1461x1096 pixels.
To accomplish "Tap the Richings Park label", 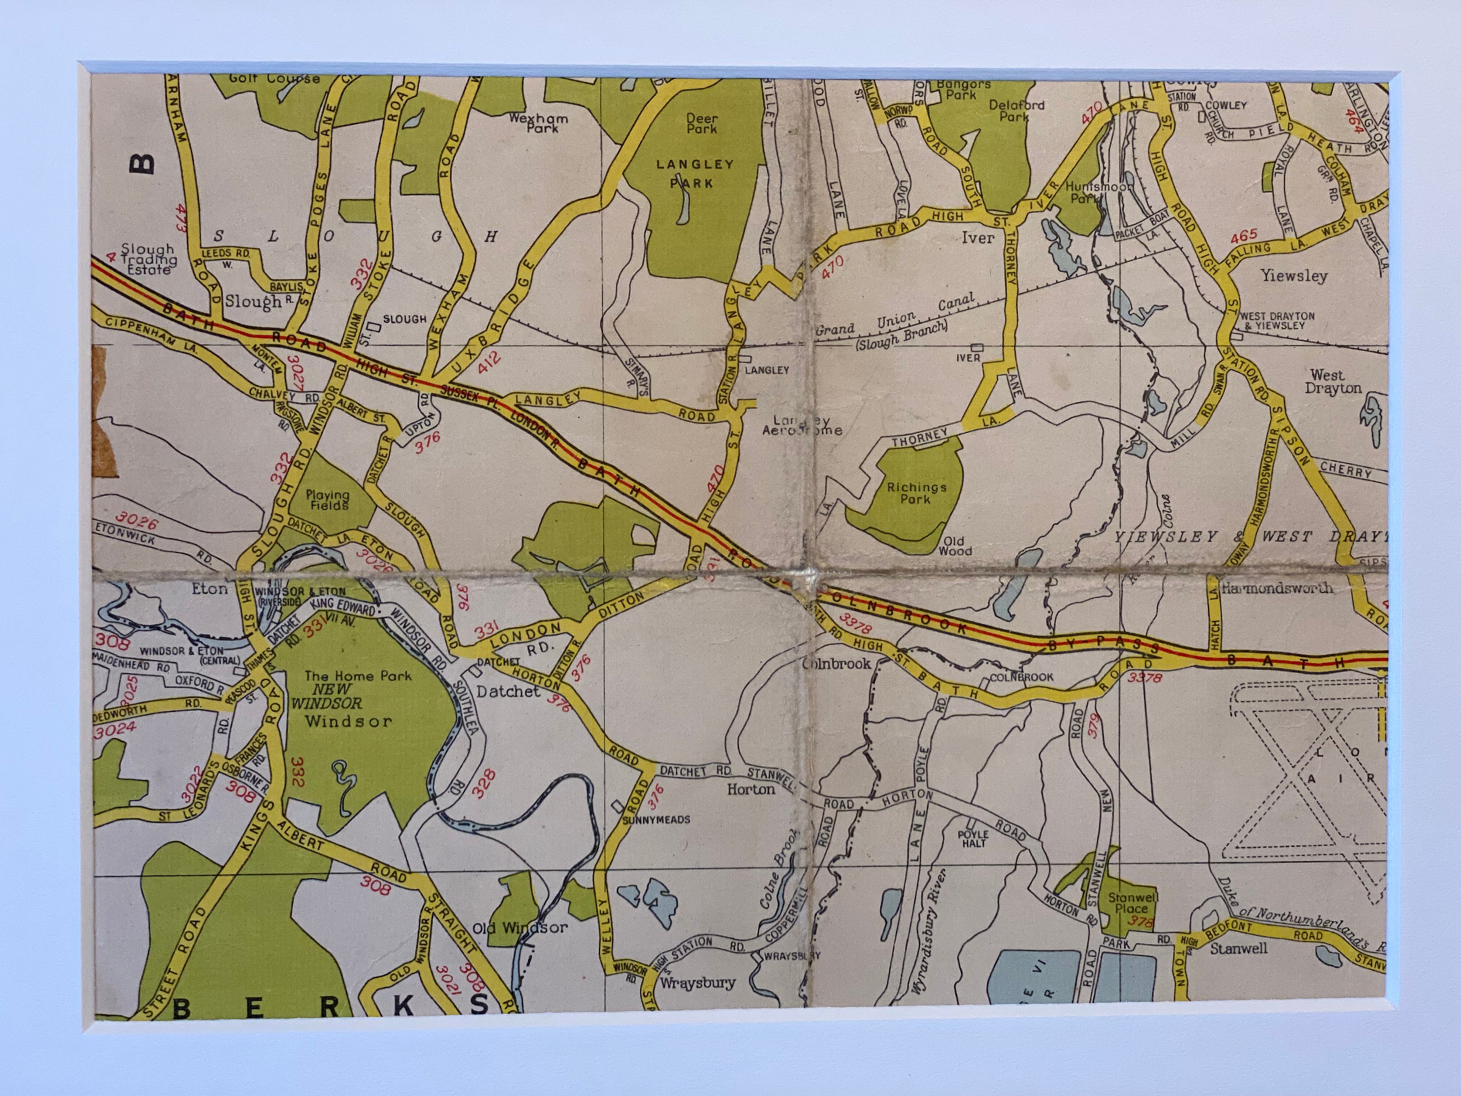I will point(916,493).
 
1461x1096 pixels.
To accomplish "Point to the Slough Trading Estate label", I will point(149,259).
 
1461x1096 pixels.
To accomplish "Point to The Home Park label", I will point(358,676).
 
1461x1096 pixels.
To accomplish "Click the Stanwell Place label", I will point(1130,903).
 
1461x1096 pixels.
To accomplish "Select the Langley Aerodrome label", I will point(808,425).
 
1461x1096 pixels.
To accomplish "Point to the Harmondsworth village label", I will point(1276,588).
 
